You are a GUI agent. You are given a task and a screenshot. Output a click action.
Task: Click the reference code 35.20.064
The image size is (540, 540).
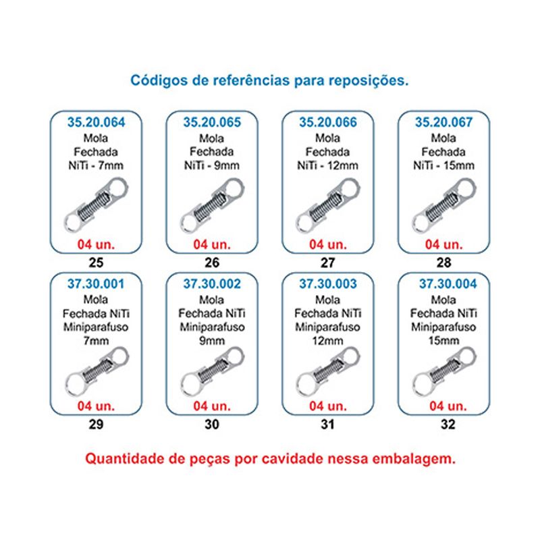click(x=96, y=122)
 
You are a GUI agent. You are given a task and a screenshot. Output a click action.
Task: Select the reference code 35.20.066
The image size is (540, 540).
click(x=328, y=122)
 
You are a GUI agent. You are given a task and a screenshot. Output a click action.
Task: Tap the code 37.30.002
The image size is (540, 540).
click(x=212, y=283)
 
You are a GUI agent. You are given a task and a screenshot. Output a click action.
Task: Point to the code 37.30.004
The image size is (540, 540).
click(x=448, y=283)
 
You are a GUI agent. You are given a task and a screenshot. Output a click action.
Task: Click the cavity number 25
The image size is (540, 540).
click(x=96, y=263)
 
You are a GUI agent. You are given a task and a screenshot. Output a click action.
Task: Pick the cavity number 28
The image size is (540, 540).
click(x=444, y=263)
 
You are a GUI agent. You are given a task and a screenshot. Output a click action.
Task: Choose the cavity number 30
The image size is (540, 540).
click(x=212, y=425)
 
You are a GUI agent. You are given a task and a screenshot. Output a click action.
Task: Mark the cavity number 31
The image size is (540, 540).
click(x=328, y=425)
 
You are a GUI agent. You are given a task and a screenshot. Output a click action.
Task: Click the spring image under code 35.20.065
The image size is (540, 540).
click(x=213, y=206)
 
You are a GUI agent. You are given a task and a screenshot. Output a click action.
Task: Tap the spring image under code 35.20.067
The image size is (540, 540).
click(x=444, y=206)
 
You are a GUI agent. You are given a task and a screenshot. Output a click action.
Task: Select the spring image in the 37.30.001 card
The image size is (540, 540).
click(x=97, y=372)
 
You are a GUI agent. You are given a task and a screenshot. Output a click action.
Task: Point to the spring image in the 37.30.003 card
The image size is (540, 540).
click(x=328, y=372)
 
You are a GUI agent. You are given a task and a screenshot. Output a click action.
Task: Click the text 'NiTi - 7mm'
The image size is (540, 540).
click(x=96, y=165)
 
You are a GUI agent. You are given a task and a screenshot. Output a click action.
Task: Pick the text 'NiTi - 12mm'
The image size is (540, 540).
click(x=328, y=165)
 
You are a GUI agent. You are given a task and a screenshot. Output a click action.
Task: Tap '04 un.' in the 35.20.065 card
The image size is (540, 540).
click(x=212, y=244)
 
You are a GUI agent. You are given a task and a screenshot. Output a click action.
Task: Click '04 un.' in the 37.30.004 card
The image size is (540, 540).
click(x=448, y=406)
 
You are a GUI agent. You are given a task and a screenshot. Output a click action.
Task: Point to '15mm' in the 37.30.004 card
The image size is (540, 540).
click(x=444, y=341)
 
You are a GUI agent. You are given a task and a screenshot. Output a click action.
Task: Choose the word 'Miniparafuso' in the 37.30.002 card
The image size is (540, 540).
click(x=212, y=327)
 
